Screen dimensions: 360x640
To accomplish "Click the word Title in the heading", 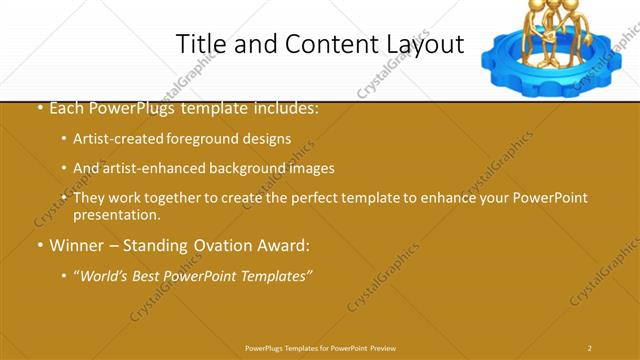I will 200,44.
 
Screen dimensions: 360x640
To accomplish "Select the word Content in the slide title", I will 330,44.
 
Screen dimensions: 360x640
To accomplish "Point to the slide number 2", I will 590,347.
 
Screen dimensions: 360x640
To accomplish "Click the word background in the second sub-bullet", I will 256,168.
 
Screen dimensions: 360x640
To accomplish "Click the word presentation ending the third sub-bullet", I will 116,214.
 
